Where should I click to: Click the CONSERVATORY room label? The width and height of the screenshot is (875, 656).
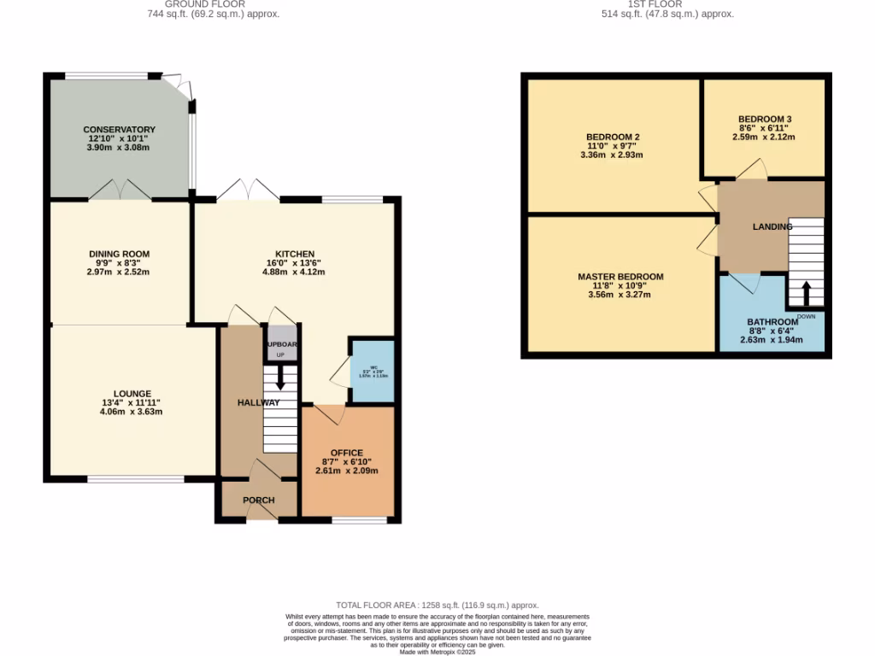119,130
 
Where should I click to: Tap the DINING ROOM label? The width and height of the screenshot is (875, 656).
119,254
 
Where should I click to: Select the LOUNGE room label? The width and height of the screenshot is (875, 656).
131,394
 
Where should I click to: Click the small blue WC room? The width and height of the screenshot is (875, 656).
373,372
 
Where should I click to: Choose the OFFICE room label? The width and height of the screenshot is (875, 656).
346,453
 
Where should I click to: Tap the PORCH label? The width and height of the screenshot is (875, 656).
258,501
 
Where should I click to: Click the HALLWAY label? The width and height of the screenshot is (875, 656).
259,402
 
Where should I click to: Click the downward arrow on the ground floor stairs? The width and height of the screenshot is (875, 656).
280,382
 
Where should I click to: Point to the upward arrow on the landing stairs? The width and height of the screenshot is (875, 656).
805,290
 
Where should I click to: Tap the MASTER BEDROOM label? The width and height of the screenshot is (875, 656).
620,277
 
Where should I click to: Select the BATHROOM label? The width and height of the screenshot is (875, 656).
772,322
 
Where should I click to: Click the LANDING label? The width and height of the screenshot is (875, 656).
772,226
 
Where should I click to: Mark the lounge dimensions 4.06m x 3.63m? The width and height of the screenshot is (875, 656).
131,412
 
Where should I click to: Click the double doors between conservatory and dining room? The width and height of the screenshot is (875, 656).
120,190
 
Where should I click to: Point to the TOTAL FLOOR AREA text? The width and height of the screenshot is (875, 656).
437,605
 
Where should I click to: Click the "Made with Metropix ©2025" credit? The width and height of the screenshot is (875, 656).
437,652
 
